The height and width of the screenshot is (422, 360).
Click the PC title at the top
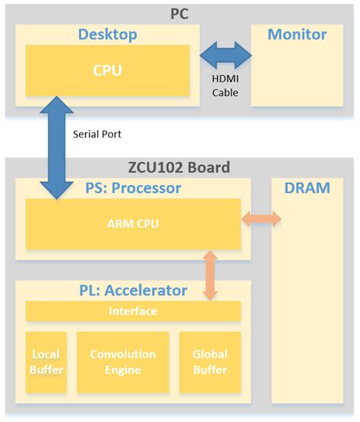click(x=180, y=12)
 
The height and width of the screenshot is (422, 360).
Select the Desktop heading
click(x=107, y=34)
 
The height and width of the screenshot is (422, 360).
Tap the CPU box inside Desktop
click(x=107, y=71)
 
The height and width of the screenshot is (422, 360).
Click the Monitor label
click(x=297, y=34)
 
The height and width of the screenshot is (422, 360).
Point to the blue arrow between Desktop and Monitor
click(x=226, y=56)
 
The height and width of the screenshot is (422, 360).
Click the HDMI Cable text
click(x=226, y=86)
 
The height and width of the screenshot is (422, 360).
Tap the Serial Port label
click(x=97, y=134)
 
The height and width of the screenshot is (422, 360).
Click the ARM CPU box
click(x=133, y=224)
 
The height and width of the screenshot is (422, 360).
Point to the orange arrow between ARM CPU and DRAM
click(x=261, y=220)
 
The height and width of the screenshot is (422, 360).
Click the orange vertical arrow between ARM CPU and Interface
click(x=210, y=274)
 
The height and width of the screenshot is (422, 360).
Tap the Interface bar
click(x=133, y=311)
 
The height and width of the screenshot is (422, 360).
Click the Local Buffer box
click(x=46, y=362)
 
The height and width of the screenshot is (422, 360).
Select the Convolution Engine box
click(x=122, y=362)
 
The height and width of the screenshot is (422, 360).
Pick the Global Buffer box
click(x=210, y=362)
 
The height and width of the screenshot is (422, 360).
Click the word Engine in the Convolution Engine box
click(x=122, y=370)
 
